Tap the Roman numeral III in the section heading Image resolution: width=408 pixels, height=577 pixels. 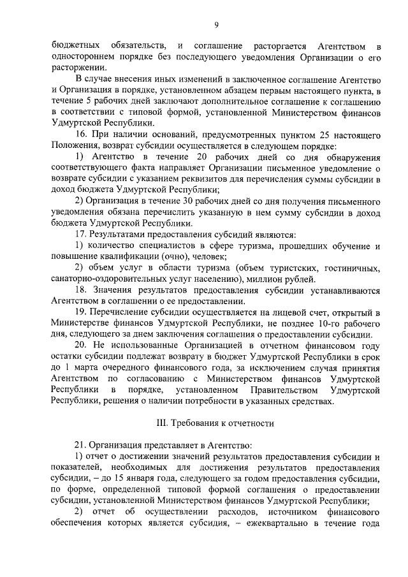(x=163, y=422)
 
